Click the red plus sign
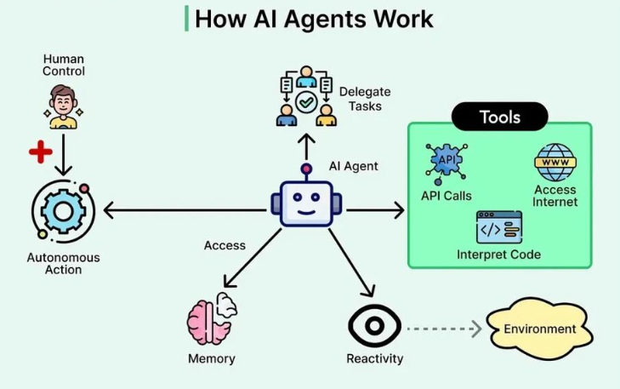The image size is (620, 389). [x=41, y=152]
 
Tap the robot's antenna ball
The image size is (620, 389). [x=306, y=169]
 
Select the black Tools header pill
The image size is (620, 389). [x=500, y=117]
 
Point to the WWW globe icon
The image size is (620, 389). [x=555, y=163]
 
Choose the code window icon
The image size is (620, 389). [x=499, y=227]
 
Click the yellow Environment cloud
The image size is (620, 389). [x=539, y=329]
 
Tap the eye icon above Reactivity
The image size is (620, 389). [x=374, y=326]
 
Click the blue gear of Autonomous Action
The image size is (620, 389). [x=63, y=211]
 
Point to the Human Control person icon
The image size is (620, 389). [x=63, y=107]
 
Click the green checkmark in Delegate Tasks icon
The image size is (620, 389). [x=306, y=102]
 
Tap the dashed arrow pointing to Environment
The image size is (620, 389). [x=445, y=329]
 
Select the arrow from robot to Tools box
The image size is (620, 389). [x=375, y=210]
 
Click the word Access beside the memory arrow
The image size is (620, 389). [x=225, y=245]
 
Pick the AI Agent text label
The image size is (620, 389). [x=354, y=166]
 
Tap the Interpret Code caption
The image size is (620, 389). [x=498, y=255]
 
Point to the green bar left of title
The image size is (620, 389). [x=186, y=18]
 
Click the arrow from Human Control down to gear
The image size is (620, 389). [x=63, y=155]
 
